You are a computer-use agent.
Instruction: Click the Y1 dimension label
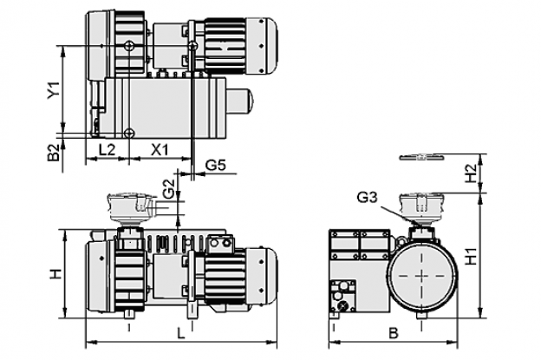[x=54, y=89]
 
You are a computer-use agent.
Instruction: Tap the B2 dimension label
[x=54, y=153]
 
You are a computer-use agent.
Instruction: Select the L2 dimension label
[x=107, y=150]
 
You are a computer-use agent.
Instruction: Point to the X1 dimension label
[x=160, y=150]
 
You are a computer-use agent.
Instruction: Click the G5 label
[x=216, y=166]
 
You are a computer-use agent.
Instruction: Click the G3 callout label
[x=368, y=198]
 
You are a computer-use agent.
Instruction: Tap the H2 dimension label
[x=471, y=173]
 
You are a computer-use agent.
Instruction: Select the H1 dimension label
[x=471, y=256]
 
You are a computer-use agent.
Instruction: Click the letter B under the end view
[x=394, y=333]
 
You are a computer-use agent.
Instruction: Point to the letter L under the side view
[x=180, y=333]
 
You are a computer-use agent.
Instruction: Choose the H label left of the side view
[x=55, y=274]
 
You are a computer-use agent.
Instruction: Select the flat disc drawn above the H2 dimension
[x=421, y=157]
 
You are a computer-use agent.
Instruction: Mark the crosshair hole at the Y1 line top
[x=129, y=45]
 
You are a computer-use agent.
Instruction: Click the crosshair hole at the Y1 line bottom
[x=129, y=133]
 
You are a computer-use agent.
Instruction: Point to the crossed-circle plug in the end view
[x=343, y=305]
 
